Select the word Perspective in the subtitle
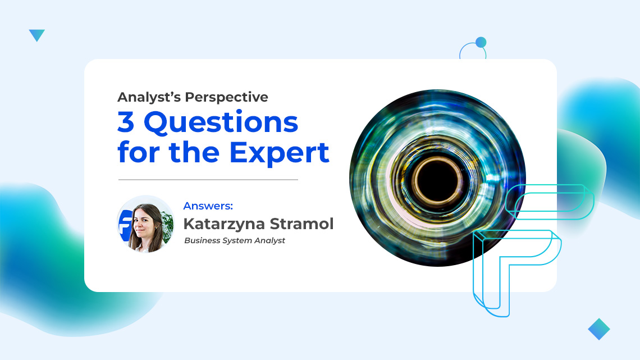(x=227, y=97)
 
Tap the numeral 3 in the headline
(x=127, y=122)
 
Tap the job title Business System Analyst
(x=235, y=240)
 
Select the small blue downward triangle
(x=36, y=35)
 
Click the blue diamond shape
(x=598, y=329)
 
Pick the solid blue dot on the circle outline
(x=481, y=42)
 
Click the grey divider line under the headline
(x=208, y=180)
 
